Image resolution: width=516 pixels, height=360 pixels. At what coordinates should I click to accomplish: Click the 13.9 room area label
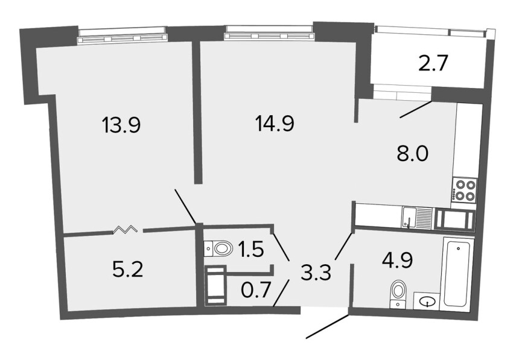pyautogui.click(x=121, y=125)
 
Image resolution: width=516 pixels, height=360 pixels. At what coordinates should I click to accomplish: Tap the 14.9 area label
pyautogui.click(x=275, y=124)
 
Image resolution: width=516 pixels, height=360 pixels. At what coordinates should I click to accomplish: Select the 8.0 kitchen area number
pyautogui.click(x=413, y=154)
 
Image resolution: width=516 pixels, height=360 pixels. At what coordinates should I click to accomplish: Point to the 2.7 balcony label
pyautogui.click(x=433, y=64)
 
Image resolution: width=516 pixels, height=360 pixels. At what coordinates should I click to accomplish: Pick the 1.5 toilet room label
pyautogui.click(x=251, y=249)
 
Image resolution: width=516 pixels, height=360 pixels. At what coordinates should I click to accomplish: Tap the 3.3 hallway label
pyautogui.click(x=316, y=272)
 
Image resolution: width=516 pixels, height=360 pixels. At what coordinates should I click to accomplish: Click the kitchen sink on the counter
pyautogui.click(x=416, y=217)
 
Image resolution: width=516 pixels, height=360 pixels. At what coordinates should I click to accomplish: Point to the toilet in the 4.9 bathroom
pyautogui.click(x=398, y=294)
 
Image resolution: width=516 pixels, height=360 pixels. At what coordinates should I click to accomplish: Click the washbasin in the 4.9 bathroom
pyautogui.click(x=426, y=300)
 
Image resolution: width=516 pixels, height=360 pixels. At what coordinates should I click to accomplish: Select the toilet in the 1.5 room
pyautogui.click(x=217, y=248)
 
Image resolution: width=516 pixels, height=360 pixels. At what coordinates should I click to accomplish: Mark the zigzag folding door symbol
pyautogui.click(x=125, y=229)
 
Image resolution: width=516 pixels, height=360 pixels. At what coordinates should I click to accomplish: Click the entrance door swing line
pyautogui.click(x=328, y=326)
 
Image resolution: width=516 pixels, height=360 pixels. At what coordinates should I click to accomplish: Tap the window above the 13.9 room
pyautogui.click(x=121, y=36)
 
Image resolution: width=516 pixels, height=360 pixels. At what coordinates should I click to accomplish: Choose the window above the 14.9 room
pyautogui.click(x=269, y=33)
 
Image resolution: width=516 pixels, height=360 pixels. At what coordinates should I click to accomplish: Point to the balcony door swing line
pyautogui.click(x=416, y=110)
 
